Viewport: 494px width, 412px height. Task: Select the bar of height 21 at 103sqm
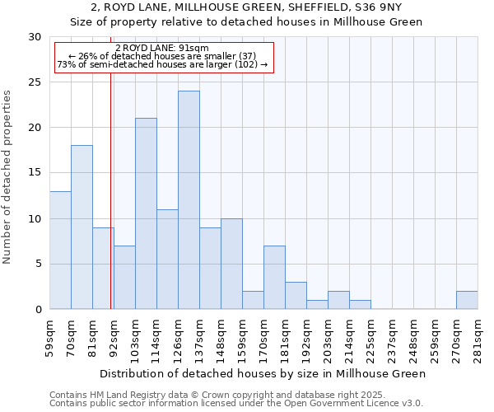click(146, 213)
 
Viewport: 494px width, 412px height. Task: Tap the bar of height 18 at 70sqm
click(82, 227)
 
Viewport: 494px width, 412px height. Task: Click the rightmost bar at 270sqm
click(467, 300)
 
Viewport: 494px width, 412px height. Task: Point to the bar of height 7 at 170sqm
click(274, 278)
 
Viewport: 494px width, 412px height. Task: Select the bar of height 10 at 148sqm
click(231, 264)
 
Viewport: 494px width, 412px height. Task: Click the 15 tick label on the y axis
click(35, 173)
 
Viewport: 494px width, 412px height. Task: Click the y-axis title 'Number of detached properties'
click(7, 177)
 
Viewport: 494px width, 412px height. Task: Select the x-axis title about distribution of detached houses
click(263, 373)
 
